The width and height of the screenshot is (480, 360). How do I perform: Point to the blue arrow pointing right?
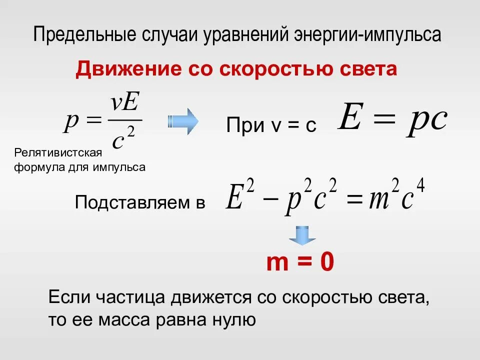pos(183,121)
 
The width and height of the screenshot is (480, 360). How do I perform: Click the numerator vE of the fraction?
pos(124,104)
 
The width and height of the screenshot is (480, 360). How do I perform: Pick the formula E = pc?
pos(392,119)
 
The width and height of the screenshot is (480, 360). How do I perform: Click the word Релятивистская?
pos(58,152)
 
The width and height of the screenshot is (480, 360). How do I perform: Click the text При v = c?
pos(271,125)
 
